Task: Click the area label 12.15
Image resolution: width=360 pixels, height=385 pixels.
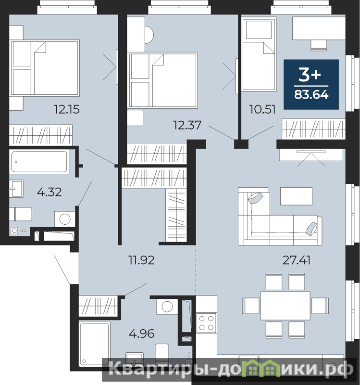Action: [67, 110]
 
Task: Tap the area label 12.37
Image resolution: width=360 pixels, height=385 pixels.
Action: [187, 125]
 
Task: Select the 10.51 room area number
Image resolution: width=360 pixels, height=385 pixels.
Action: [262, 109]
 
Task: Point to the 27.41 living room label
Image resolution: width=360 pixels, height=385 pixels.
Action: [297, 260]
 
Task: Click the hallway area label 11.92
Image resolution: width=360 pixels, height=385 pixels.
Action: [142, 260]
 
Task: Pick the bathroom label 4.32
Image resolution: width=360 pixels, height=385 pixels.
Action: [50, 192]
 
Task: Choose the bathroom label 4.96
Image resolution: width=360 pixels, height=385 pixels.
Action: [142, 334]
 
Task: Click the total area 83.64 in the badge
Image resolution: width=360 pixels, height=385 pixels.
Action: [311, 94]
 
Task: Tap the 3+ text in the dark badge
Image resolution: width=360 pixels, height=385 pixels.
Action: [310, 75]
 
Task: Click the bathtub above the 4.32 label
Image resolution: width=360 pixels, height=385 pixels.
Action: [39, 162]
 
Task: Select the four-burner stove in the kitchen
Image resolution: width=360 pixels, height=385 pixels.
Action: [206, 323]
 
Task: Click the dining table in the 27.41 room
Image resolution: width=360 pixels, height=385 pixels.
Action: [286, 306]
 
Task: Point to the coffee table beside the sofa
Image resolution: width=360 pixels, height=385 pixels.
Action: [296, 196]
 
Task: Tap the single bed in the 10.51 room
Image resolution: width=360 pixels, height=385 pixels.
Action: [259, 54]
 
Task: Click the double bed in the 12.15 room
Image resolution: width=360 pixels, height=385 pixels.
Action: [45, 68]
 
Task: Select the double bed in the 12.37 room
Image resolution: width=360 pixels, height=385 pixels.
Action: [163, 80]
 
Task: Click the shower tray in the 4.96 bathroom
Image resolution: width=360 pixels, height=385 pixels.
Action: [94, 344]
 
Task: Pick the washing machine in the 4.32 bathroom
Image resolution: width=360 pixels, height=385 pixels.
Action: [65, 219]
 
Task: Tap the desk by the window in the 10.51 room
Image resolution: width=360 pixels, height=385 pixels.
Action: [319, 28]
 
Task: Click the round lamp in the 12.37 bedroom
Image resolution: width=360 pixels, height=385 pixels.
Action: [149, 35]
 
